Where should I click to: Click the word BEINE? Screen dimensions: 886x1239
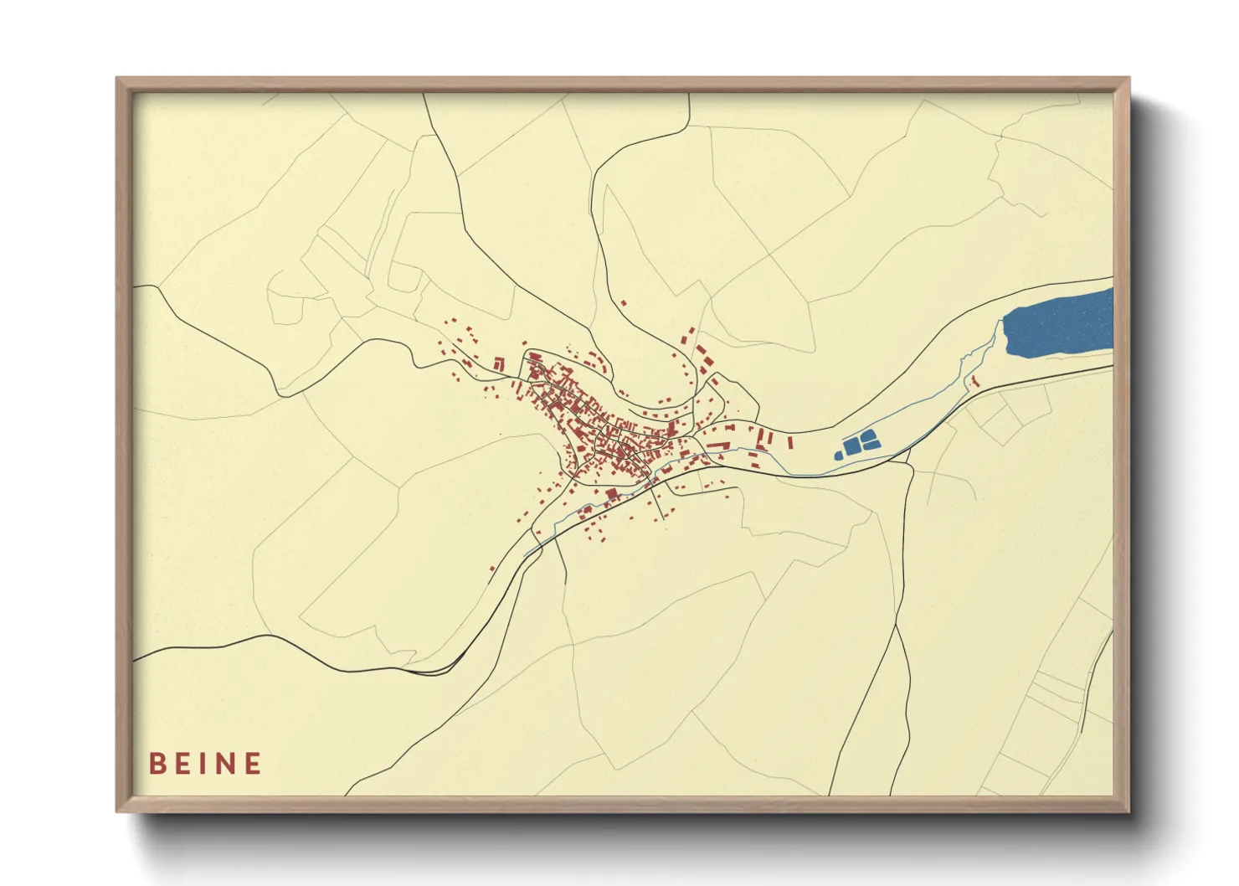(205, 764)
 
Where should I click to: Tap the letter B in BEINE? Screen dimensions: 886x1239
(157, 764)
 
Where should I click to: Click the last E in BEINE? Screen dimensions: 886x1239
(253, 764)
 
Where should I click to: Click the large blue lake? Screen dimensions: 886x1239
(1059, 325)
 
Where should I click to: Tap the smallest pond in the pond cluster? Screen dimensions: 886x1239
(838, 456)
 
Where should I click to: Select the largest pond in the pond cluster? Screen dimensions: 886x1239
(852, 446)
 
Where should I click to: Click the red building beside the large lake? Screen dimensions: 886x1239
(974, 381)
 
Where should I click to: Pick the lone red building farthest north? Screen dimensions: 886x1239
(623, 302)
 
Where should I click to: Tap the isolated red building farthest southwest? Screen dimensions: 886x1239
(492, 569)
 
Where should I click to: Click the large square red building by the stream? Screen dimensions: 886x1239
(611, 493)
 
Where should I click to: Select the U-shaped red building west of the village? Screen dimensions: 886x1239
(499, 364)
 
